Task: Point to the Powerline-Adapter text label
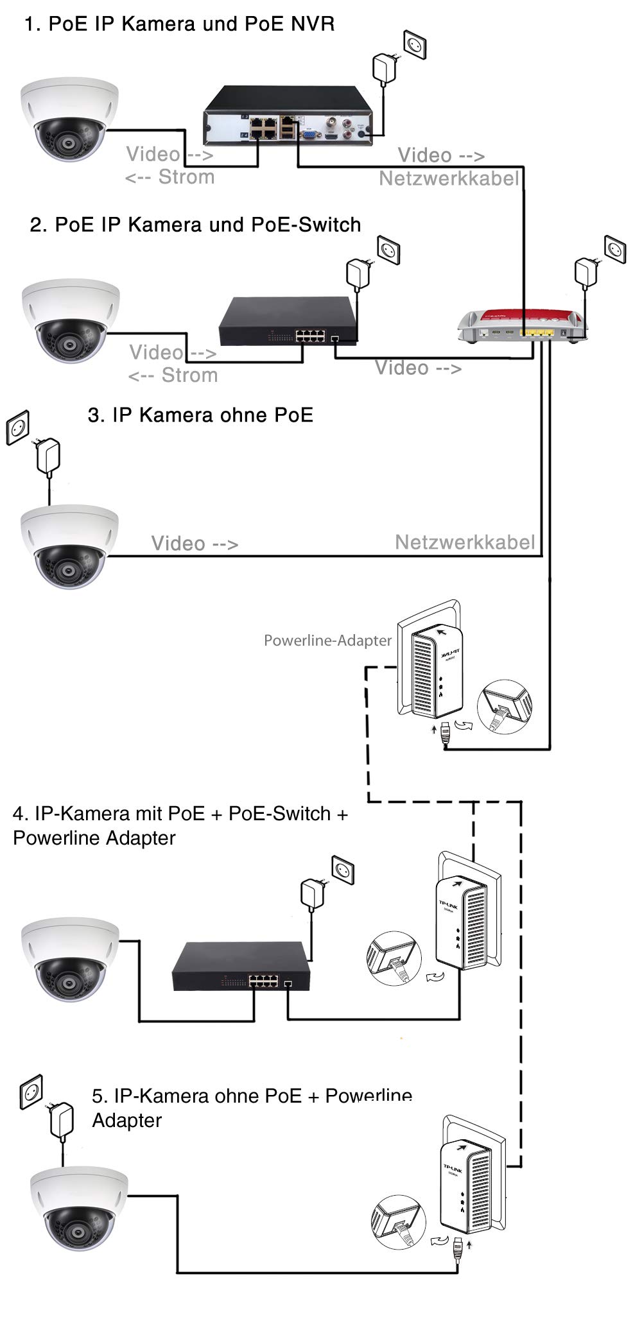tap(327, 641)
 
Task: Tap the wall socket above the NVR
tap(415, 46)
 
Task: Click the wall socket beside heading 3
tap(18, 428)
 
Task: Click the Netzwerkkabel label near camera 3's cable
tap(465, 542)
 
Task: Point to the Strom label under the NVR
tap(186, 177)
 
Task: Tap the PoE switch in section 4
tap(240, 967)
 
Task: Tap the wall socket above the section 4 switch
tap(343, 871)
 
